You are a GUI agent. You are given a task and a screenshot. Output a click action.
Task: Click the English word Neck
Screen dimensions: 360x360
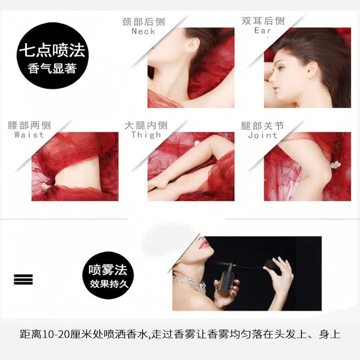(x=143, y=31)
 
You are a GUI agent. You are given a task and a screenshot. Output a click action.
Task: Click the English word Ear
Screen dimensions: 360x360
(x=263, y=30)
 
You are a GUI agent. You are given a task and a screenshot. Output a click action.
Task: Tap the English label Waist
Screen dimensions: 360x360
(x=29, y=134)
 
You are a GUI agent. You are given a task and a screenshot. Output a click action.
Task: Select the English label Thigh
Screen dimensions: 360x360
(x=146, y=134)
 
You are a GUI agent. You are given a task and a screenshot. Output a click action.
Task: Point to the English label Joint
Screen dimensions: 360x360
(x=263, y=135)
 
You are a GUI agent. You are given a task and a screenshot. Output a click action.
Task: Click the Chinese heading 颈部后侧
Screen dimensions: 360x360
(x=143, y=22)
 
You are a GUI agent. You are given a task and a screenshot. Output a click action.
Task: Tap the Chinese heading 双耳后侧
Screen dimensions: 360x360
(x=263, y=21)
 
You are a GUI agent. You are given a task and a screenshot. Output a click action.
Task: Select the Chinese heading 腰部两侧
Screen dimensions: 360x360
(x=29, y=125)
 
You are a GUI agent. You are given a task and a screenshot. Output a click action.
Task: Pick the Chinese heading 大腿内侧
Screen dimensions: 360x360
(x=146, y=125)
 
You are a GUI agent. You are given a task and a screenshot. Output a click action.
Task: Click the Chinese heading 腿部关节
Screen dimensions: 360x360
(x=263, y=126)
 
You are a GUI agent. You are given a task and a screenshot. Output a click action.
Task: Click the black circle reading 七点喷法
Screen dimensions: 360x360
(x=52, y=56)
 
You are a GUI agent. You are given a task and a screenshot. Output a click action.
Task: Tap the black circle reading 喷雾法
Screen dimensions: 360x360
(x=108, y=275)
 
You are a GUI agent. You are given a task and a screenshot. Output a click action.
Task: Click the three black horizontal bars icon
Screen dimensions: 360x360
(x=23, y=279)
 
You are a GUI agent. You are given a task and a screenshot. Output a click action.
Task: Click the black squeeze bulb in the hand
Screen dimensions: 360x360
(x=271, y=265)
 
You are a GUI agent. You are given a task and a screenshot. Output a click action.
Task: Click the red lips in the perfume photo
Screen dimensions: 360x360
(x=204, y=245)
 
